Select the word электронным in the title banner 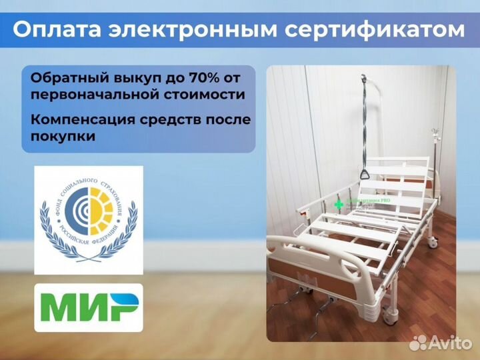coord(203,30)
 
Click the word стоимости coord(206,94)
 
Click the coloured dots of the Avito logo coord(418,343)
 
